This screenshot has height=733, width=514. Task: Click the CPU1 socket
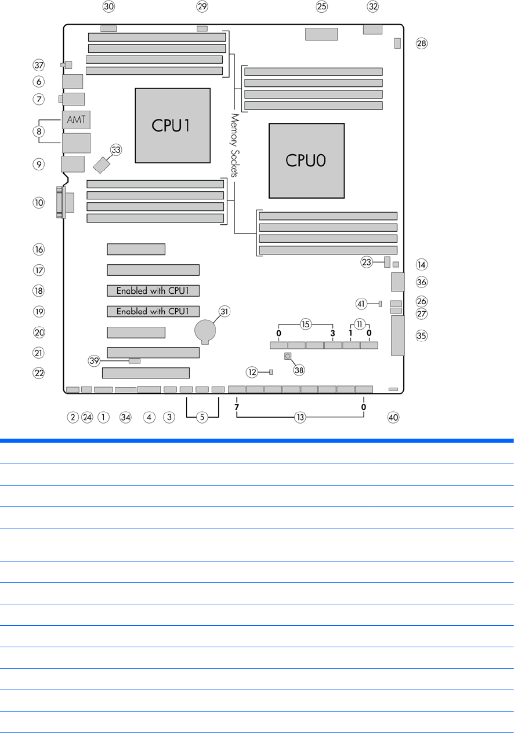pos(172,125)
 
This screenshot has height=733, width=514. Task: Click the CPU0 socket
pos(306,161)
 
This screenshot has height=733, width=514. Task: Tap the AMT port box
pos(76,120)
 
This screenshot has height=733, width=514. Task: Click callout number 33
pos(116,149)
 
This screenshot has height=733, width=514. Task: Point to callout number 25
pos(322,7)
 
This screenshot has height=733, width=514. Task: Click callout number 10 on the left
pos(38,203)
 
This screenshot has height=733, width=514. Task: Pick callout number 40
pos(394,417)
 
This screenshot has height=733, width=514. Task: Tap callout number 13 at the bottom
pos(300,417)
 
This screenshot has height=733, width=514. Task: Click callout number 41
pos(361,303)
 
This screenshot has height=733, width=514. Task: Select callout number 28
pos(421,43)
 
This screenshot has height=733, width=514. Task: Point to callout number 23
pos(367,262)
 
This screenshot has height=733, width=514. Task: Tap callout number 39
pos(95,360)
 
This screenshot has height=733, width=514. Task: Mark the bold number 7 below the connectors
pos(237,408)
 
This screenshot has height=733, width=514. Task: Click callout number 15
pos(306,323)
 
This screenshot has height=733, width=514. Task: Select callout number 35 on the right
pos(421,335)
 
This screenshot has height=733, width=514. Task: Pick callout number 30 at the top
pos(108,7)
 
